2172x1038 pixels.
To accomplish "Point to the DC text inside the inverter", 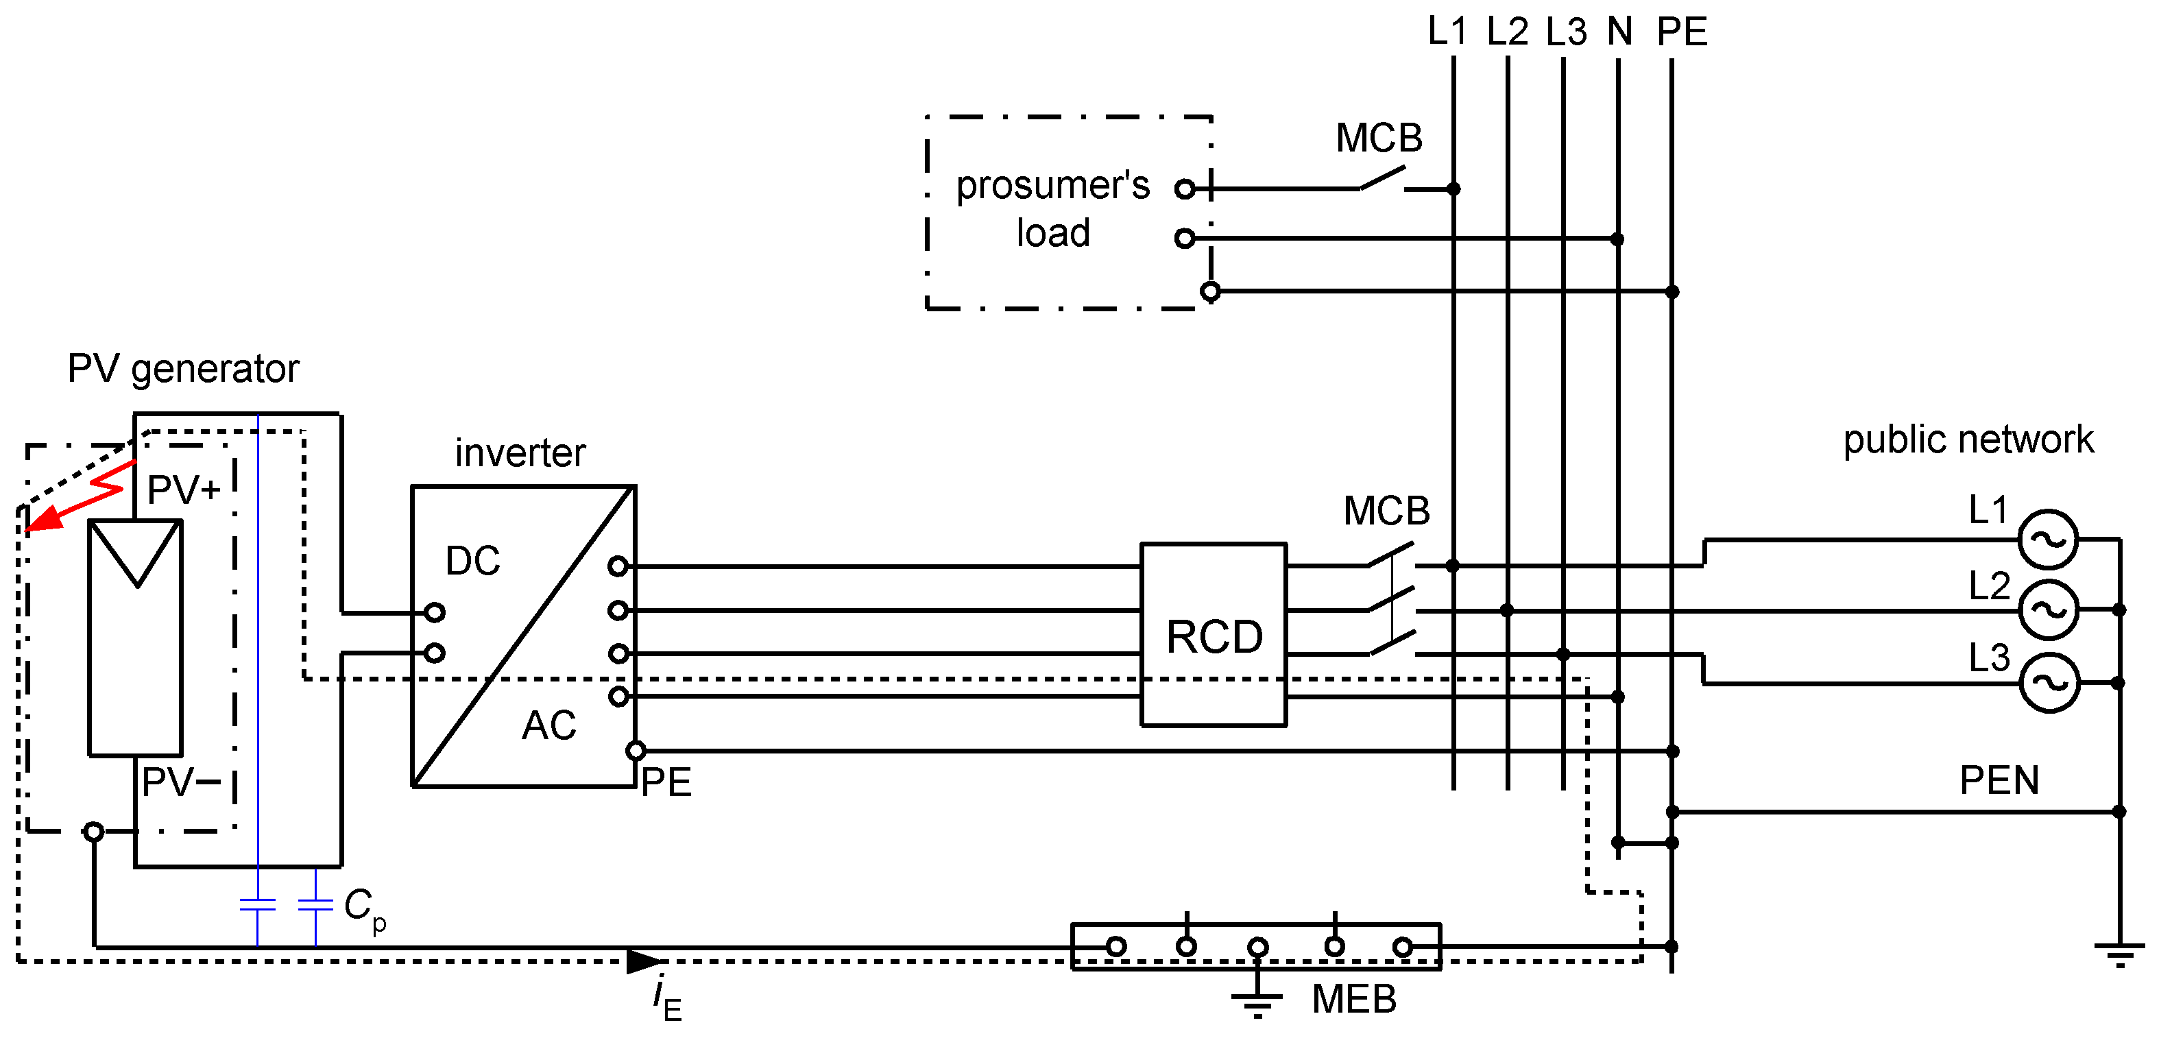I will point(472,561).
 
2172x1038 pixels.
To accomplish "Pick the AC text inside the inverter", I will point(549,725).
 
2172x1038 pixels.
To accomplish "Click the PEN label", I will point(1999,780).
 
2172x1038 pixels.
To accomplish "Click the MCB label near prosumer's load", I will point(1379,137).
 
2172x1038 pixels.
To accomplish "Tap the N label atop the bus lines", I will point(1619,32).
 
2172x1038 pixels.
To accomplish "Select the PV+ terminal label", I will point(184,489).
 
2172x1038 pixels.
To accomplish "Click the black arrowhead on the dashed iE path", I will point(646,961).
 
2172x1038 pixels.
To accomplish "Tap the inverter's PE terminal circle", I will point(636,751).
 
